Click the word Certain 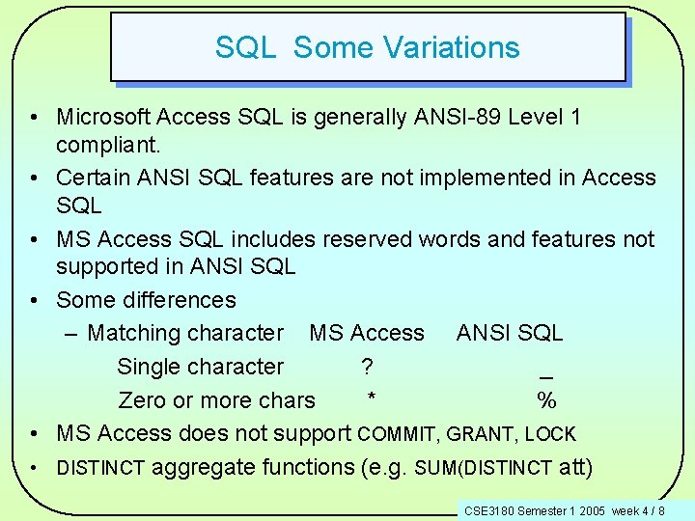[x=95, y=178]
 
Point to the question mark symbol [x=367, y=367]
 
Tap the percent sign [x=546, y=399]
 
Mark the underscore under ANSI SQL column [x=546, y=376]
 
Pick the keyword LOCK [x=551, y=434]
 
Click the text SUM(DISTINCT [x=483, y=468]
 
